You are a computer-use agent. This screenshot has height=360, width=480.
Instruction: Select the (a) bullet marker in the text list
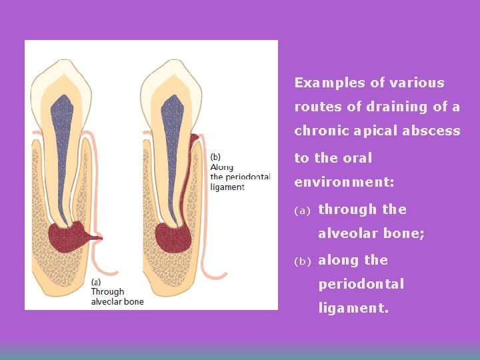[x=303, y=211]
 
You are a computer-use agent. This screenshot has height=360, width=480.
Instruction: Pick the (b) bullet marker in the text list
[x=303, y=261]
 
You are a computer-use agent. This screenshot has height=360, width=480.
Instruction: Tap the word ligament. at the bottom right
[x=353, y=309]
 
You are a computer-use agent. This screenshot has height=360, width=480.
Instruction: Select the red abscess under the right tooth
[x=173, y=237]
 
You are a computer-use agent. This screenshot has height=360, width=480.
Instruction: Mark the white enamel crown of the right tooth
[x=172, y=77]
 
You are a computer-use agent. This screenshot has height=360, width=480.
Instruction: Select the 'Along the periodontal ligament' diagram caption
[x=239, y=172]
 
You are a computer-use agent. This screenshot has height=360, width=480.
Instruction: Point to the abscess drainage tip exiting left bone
[x=99, y=237]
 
